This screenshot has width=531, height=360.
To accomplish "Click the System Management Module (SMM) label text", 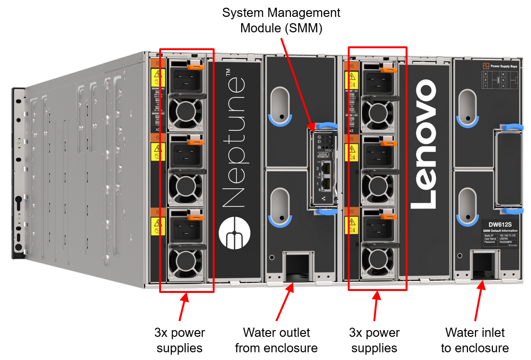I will click(281, 20).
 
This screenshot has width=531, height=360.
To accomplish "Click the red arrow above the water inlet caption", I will click(479, 302).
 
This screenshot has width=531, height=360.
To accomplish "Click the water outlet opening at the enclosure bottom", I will click(297, 266).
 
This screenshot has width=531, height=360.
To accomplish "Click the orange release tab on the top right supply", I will click(388, 70).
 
